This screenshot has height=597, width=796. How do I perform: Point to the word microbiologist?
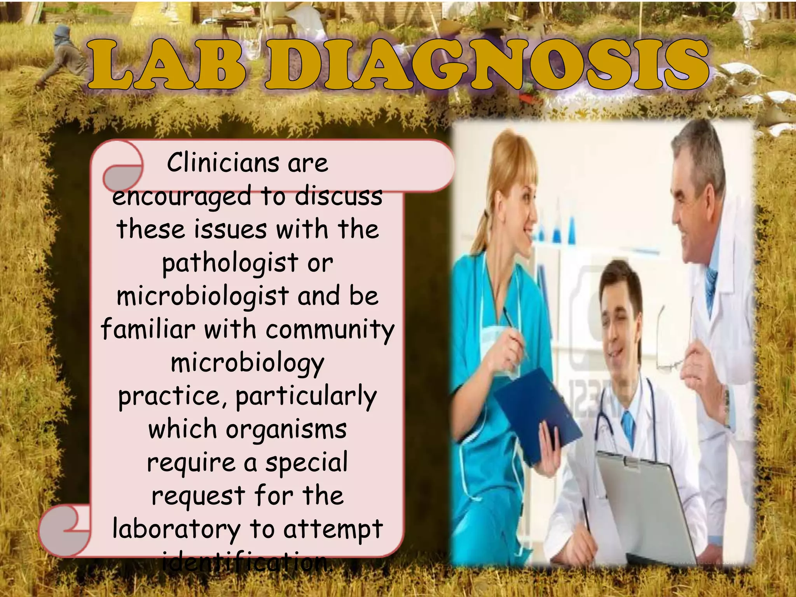tap(202, 297)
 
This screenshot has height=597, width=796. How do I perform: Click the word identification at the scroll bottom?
tap(247, 562)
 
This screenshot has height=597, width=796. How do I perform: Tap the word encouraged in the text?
tap(182, 197)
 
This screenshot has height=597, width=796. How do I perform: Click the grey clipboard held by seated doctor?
tap(645, 505)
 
